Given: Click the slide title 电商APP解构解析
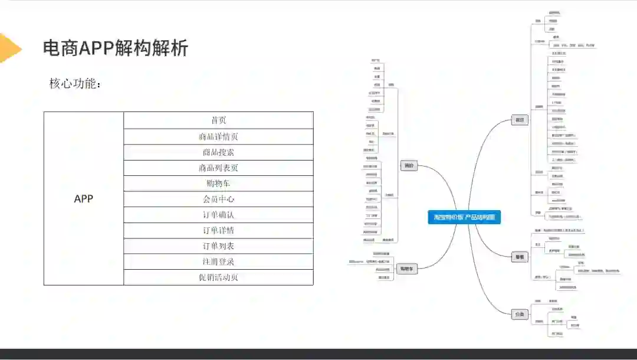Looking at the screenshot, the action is [x=116, y=48].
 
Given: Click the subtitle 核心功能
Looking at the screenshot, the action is [x=75, y=84].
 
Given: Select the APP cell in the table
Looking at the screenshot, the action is [x=84, y=199].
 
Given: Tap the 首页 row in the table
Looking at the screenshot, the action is [x=218, y=120].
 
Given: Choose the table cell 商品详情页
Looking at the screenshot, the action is [x=218, y=137].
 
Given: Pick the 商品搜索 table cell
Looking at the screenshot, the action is [x=218, y=152].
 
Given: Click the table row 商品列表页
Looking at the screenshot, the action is [x=218, y=168].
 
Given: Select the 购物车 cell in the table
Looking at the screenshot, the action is [x=218, y=184].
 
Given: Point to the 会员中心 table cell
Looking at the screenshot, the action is [x=218, y=199].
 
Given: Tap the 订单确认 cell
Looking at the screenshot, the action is [x=218, y=215].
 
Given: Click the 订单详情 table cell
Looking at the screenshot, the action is [x=218, y=230].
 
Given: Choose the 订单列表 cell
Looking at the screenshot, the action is [x=218, y=246].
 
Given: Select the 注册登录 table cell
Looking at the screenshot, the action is [x=218, y=261].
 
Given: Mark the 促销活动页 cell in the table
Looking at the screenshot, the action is [x=218, y=277].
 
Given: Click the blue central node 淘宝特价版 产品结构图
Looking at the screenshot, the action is [x=464, y=217].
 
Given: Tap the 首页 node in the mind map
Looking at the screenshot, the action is [x=520, y=120].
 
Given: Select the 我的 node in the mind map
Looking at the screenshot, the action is [x=409, y=166].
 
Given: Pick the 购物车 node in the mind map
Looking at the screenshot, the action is [x=406, y=269].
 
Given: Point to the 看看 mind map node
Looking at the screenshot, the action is [x=520, y=257].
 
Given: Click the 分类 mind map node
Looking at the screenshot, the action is [x=520, y=315].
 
